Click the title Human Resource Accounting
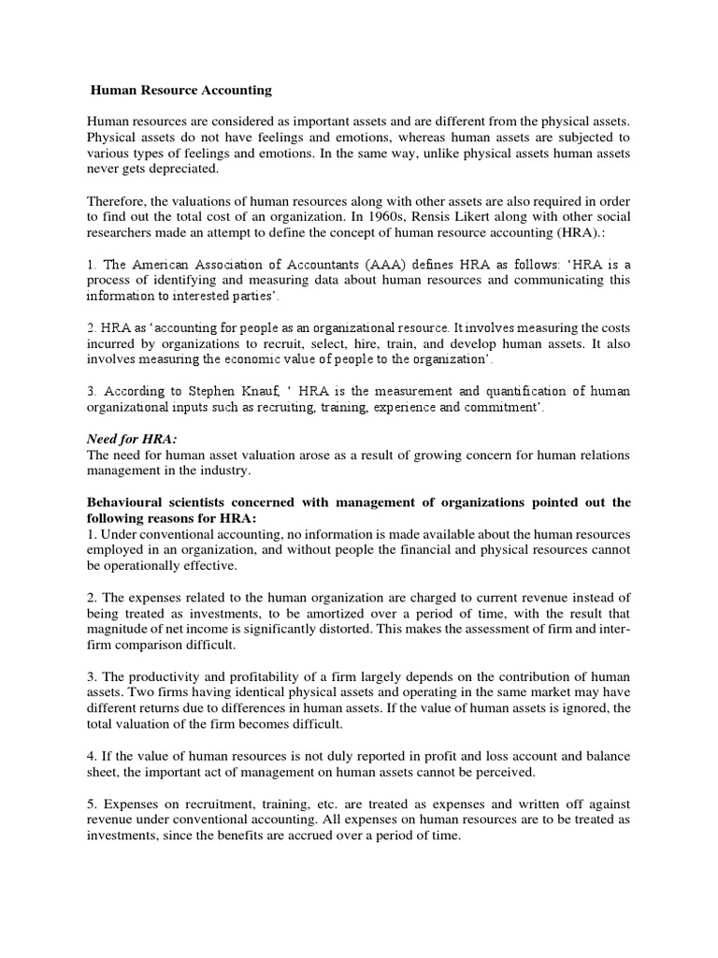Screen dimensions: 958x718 click(181, 91)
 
